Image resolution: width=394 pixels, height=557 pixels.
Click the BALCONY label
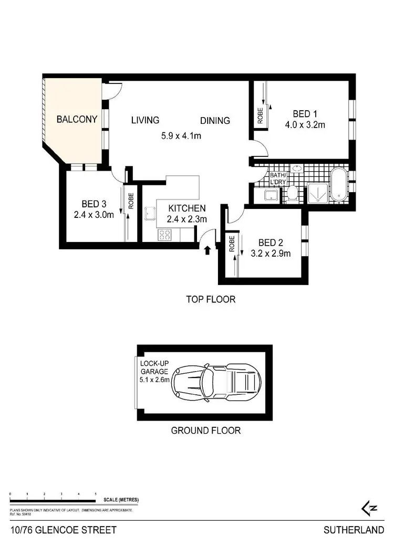click(x=77, y=119)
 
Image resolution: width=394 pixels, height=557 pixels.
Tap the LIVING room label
click(x=145, y=120)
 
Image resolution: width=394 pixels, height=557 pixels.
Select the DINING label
click(x=215, y=120)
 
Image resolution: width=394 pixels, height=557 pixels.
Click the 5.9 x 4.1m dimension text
click(x=181, y=136)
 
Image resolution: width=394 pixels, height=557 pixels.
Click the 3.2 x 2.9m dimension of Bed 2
click(x=271, y=254)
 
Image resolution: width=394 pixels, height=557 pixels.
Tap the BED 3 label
click(x=94, y=204)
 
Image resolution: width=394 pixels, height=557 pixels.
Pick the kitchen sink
click(x=150, y=214)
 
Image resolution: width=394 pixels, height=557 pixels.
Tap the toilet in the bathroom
click(x=292, y=195)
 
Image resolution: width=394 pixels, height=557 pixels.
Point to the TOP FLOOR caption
click(x=211, y=300)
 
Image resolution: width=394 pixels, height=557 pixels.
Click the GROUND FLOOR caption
click(x=206, y=430)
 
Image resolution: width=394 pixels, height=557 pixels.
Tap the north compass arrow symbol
click(x=370, y=507)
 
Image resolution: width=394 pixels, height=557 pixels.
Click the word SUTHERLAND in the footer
click(x=354, y=531)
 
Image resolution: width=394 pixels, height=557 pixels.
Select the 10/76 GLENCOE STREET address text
click(x=63, y=531)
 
